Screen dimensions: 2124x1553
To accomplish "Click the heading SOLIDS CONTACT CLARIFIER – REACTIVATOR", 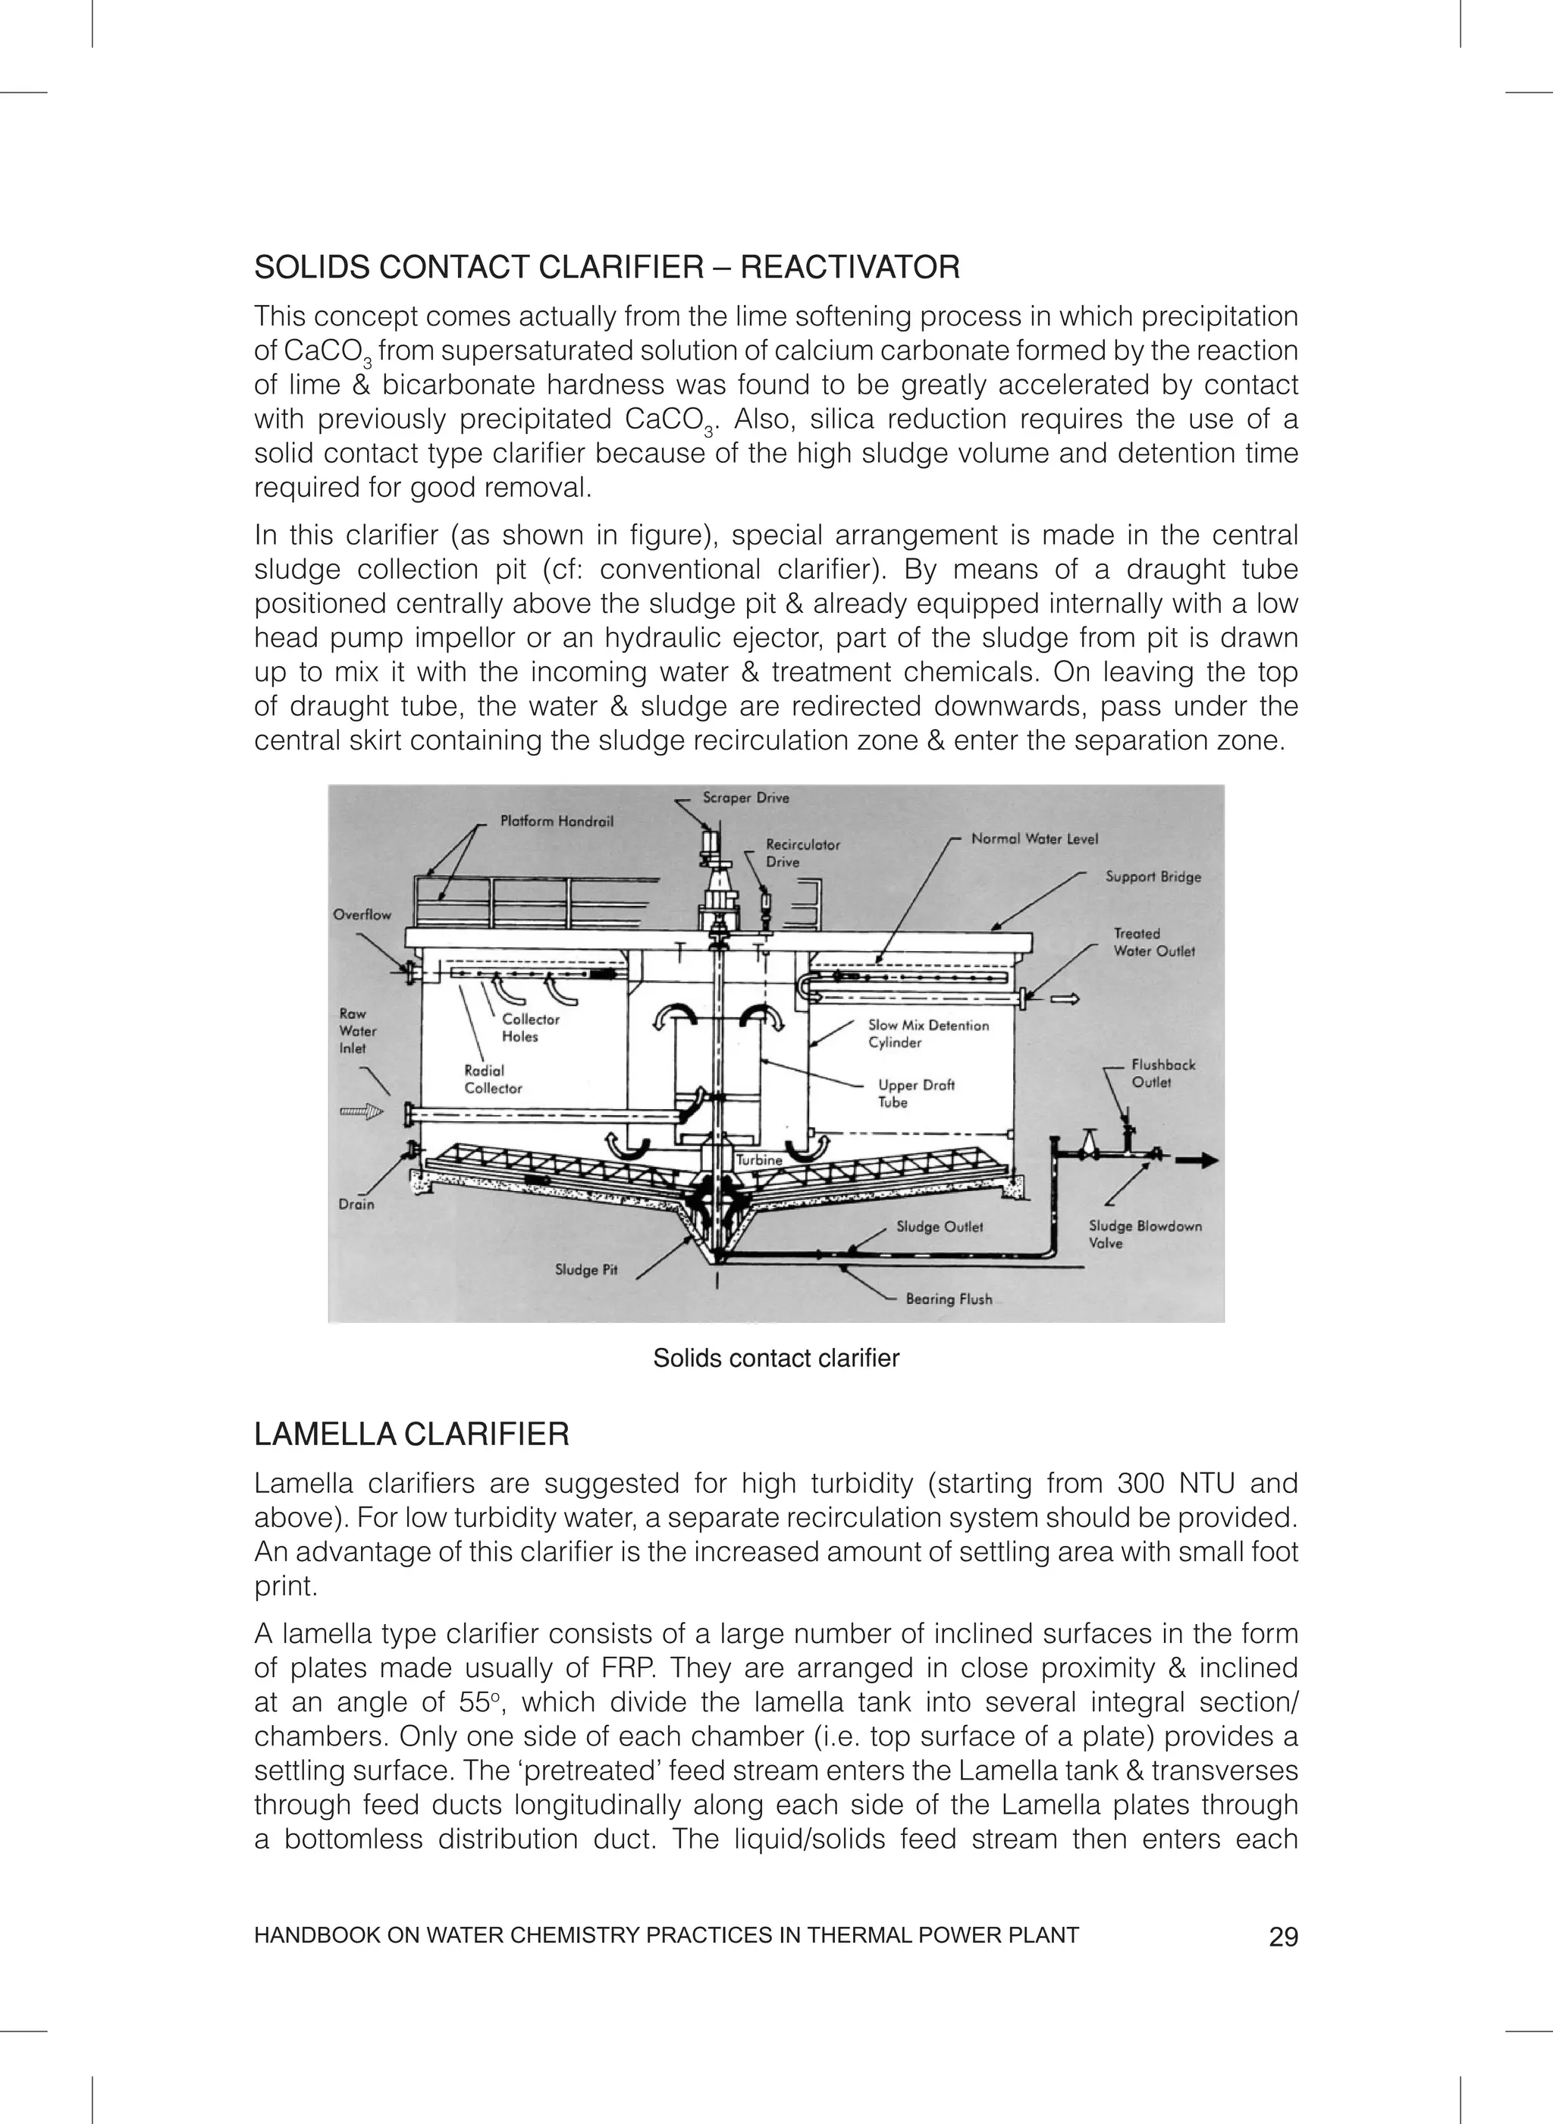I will pos(607,267).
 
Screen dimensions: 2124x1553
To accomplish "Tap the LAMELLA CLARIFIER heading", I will pos(412,1434).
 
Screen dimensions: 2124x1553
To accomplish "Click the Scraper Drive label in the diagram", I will pos(745,798).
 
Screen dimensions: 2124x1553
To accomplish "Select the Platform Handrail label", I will pos(557,821).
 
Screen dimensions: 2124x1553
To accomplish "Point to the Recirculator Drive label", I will pos(802,853).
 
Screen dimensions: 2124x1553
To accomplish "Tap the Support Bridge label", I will pos(1153,876).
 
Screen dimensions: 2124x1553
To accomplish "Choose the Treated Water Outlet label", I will pos(1153,942).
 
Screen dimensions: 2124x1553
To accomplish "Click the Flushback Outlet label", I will pos(1163,1073).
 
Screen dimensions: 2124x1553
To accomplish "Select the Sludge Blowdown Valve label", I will pos(1144,1234).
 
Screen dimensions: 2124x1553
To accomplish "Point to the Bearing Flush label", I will pos(949,1299).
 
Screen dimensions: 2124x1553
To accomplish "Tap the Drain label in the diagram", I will pos(356,1205).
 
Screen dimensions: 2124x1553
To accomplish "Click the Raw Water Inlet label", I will pos(357,1032).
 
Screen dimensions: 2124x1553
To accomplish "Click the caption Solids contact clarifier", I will pos(776,1359).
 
